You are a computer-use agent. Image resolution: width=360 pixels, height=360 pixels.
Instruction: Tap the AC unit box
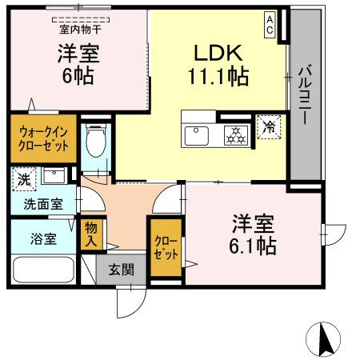pos(271,25)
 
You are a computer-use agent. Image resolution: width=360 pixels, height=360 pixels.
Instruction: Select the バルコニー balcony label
pos(305,97)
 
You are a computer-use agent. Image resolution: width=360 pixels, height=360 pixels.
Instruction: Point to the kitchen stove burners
pos(234,135)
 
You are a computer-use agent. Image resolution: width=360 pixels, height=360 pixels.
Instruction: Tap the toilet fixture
pos(95,144)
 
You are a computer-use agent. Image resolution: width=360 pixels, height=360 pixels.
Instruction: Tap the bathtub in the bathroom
pos(40,268)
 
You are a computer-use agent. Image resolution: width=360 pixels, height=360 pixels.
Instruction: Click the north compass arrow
pos(326,339)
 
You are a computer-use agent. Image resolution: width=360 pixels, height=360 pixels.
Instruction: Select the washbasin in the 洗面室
pos(54,176)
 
